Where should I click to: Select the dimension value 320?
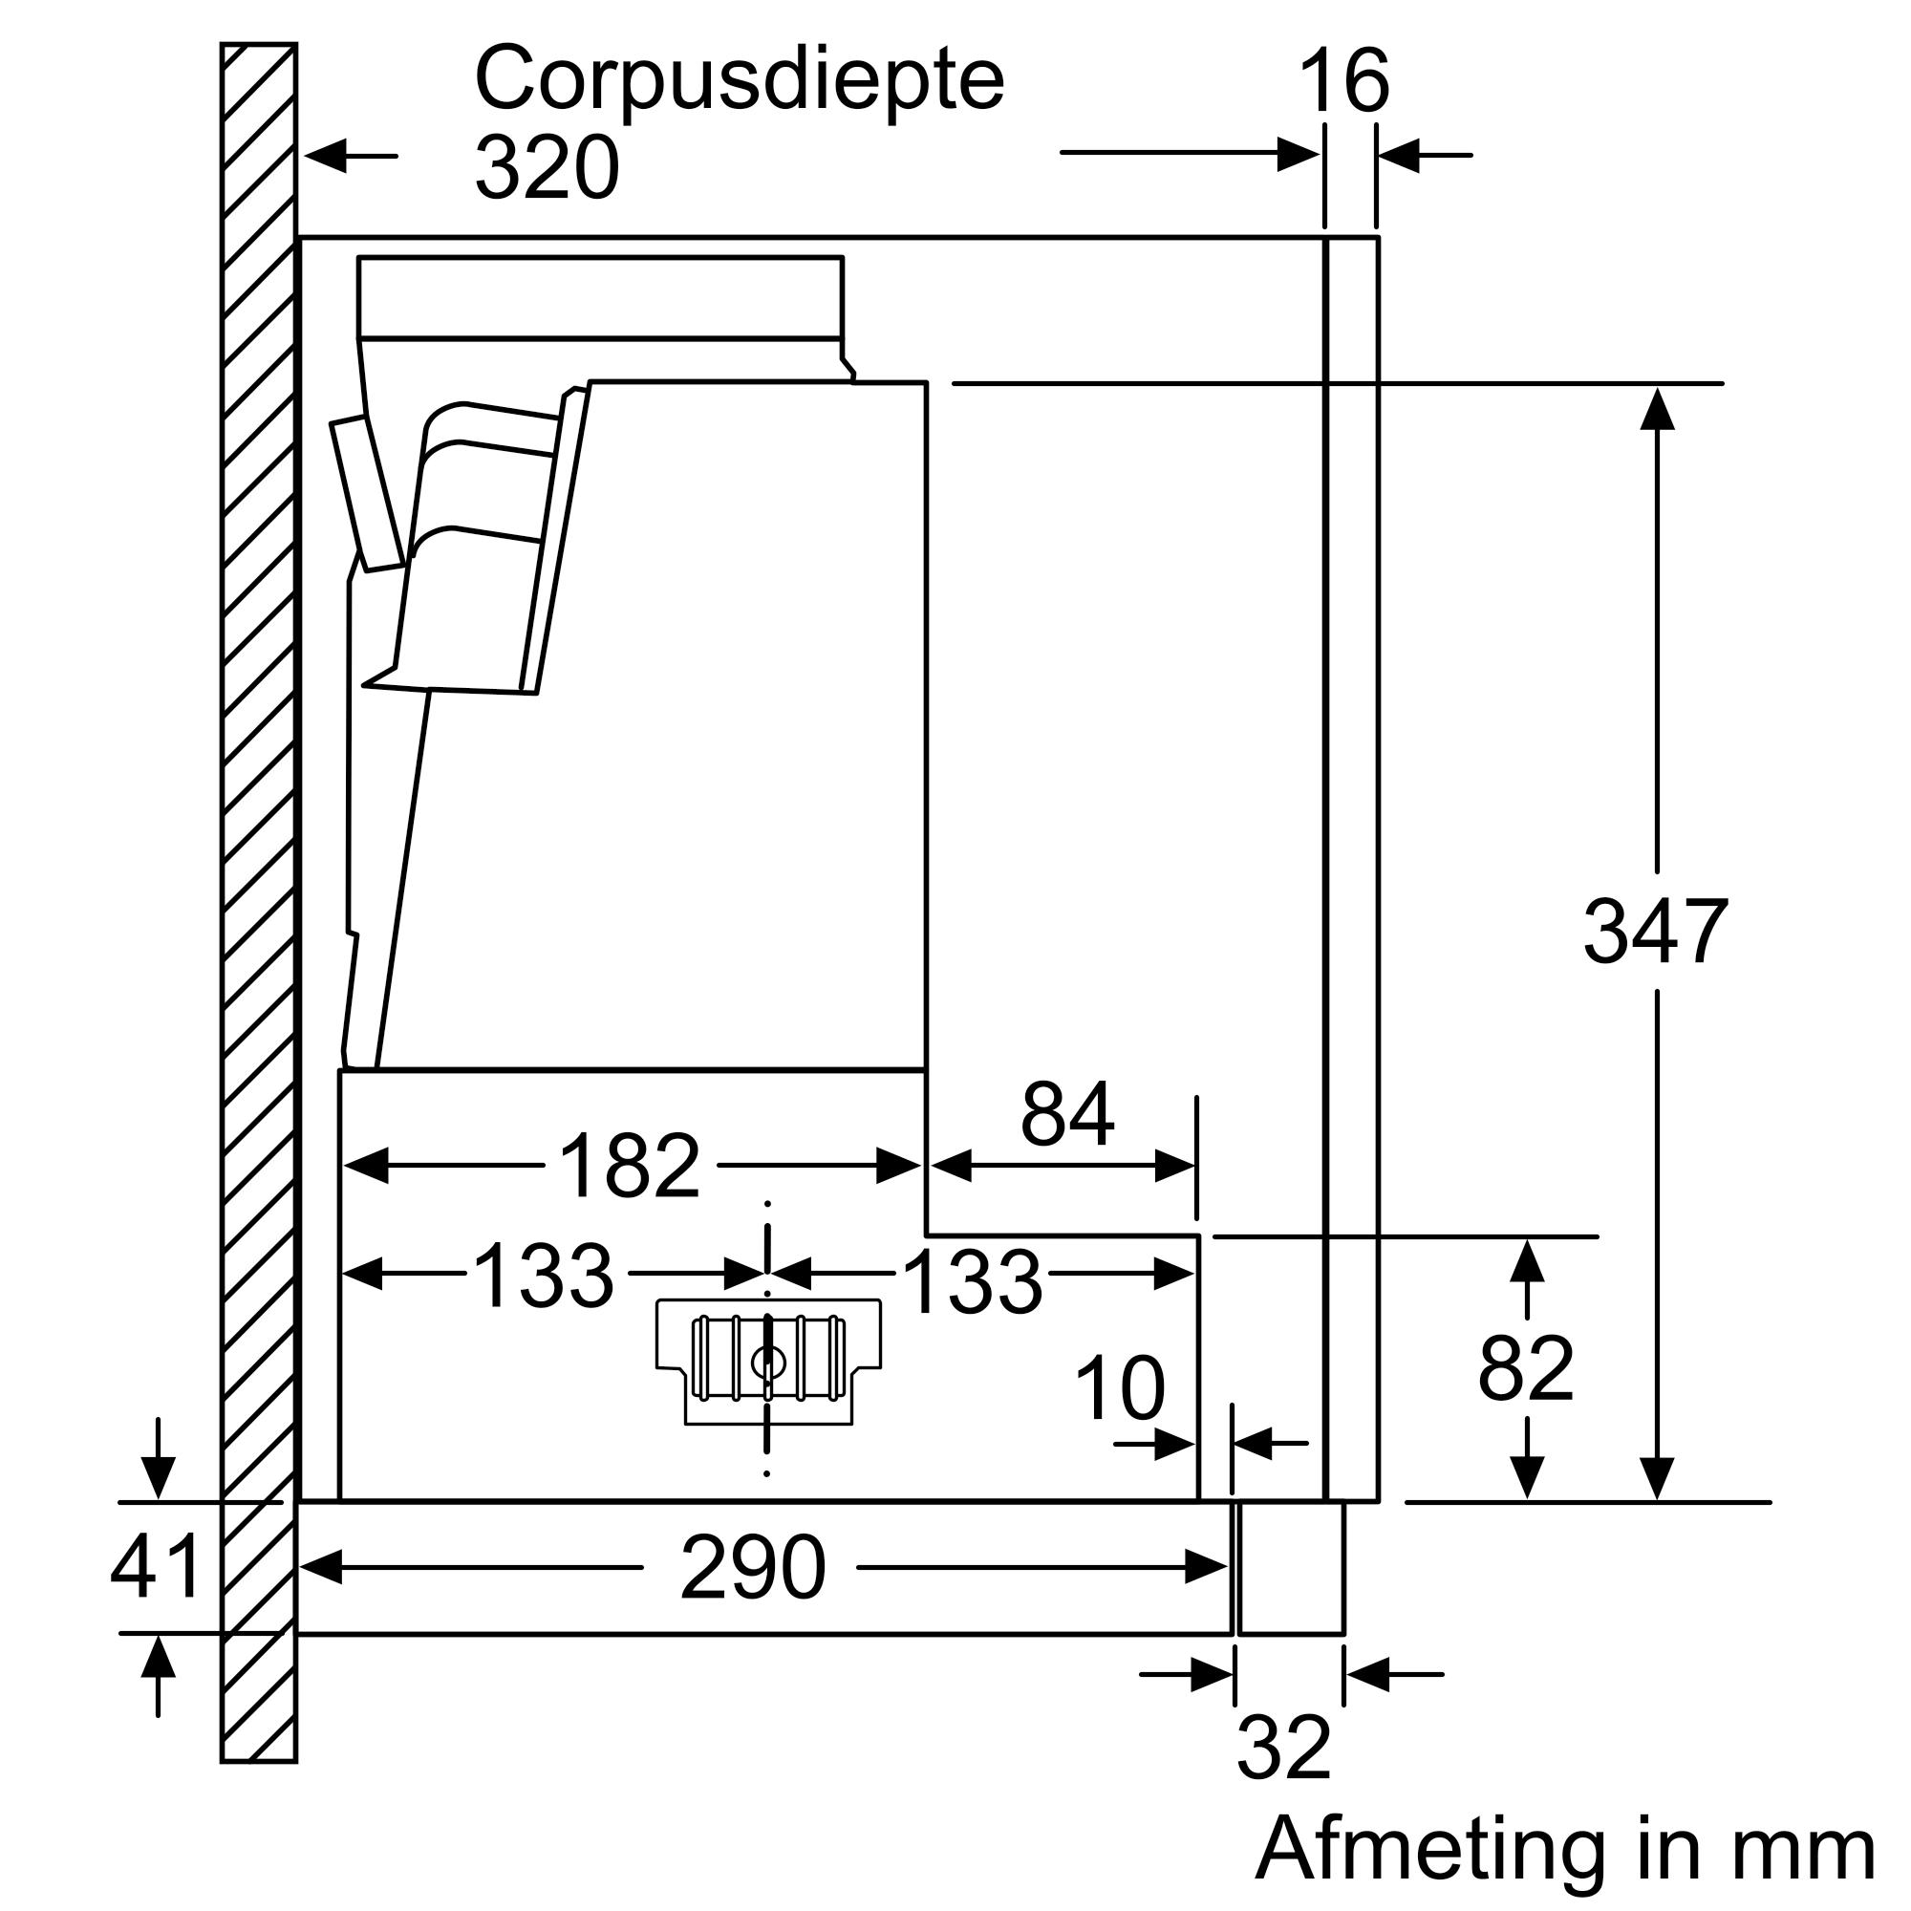tap(546, 168)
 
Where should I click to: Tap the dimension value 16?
tap(1343, 83)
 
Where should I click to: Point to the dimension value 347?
tap(1656, 932)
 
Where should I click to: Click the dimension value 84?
tap(1067, 1115)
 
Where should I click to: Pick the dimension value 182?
tap(630, 1166)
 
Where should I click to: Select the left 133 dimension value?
tap(543, 1276)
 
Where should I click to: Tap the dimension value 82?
tap(1525, 1370)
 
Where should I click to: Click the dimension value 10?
tap(1120, 1388)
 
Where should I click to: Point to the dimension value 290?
tap(752, 1568)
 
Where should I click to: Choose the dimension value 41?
tap(156, 1567)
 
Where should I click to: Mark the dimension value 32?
tap(1283, 1749)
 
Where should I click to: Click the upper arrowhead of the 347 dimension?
tap(1657, 408)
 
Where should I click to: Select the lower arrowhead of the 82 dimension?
tap(1528, 1478)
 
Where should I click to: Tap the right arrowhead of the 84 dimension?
tap(1176, 1168)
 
